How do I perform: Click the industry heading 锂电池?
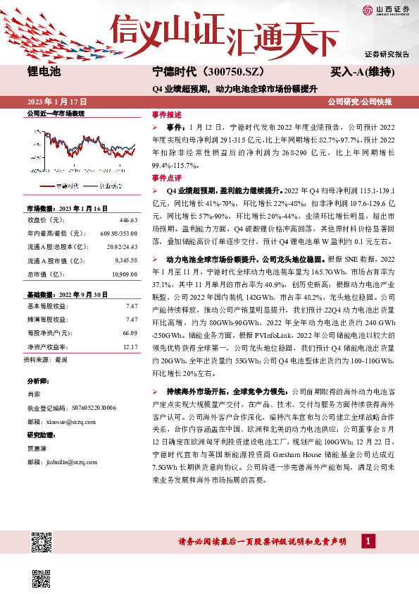click(44, 72)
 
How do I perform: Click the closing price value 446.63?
click(127, 219)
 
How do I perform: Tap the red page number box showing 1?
click(368, 541)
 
